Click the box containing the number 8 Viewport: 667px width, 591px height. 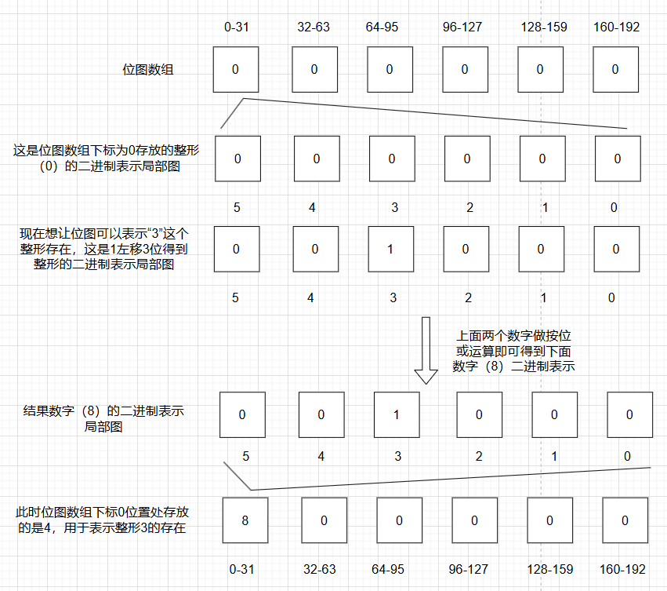[x=245, y=520]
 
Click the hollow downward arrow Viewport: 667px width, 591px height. [x=426, y=350]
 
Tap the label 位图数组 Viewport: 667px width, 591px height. [x=148, y=69]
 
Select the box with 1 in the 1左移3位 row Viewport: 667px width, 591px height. [x=390, y=249]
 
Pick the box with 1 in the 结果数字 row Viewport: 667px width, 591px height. [x=396, y=414]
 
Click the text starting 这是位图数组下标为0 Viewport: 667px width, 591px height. [x=103, y=159]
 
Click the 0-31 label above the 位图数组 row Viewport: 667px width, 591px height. [x=236, y=27]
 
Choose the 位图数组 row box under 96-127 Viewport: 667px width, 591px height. [x=465, y=69]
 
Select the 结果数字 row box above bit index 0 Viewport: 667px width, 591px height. [x=630, y=414]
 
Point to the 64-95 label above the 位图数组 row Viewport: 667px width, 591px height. [x=382, y=27]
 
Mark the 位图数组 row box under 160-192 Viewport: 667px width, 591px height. [x=615, y=69]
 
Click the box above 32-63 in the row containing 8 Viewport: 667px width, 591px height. [x=322, y=520]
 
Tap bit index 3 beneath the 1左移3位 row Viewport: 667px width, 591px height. [x=394, y=298]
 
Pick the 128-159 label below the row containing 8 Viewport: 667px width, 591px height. [x=549, y=568]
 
